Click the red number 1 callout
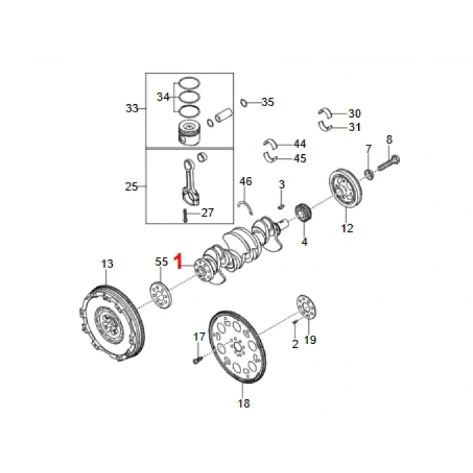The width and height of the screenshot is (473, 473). [179, 261]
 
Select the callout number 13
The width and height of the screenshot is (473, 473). [107, 264]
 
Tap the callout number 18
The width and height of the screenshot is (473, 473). [243, 403]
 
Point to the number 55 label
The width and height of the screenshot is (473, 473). [161, 262]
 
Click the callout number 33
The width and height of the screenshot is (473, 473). [132, 108]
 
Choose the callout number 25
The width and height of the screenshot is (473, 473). [132, 186]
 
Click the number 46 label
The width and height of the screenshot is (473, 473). [245, 181]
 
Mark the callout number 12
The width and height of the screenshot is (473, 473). [347, 228]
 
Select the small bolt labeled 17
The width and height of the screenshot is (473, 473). [197, 360]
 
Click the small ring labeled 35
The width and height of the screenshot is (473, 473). [244, 103]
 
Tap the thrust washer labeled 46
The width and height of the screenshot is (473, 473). [245, 204]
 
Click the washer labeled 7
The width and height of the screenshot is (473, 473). [369, 176]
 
